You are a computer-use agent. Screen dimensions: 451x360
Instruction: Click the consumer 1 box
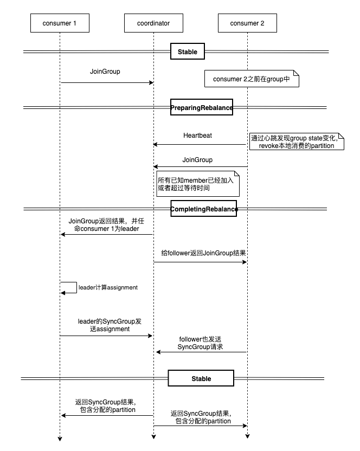pos(60,23)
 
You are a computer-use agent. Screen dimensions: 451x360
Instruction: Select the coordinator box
pos(153,23)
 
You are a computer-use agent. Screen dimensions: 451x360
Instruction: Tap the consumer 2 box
pos(247,23)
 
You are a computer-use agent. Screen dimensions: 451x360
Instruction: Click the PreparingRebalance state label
pos(202,107)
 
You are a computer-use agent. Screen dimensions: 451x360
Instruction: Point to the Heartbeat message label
pos(197,136)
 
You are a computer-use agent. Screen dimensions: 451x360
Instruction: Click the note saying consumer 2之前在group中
pos(252,79)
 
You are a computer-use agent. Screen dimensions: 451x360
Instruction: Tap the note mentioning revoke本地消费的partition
pos(293,142)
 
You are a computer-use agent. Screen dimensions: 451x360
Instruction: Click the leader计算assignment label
pos(108,287)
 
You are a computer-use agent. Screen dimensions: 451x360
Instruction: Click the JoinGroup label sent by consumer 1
pos(105,71)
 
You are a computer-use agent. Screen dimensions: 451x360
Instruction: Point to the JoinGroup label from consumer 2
pos(197,160)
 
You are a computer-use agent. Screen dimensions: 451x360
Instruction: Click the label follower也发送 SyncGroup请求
pos(201,343)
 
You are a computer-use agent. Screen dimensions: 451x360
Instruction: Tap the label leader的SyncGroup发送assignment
pos(105,325)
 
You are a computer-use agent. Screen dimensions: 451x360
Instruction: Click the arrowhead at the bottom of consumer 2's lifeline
pos(247,438)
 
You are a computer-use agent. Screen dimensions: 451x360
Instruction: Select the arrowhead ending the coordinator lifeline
pos(153,438)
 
